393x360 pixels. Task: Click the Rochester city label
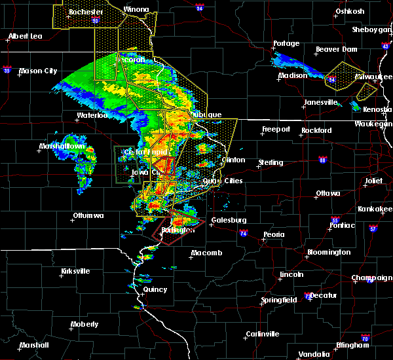point(87,12)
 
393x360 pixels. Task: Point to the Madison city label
point(292,75)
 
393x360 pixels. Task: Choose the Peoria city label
point(273,234)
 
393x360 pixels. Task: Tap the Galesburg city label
point(228,221)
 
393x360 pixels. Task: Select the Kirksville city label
point(71,271)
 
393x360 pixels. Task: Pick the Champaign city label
point(371,278)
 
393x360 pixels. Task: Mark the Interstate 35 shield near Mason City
point(7,67)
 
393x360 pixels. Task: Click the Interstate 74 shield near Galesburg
point(244,233)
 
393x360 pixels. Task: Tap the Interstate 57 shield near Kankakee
point(373,228)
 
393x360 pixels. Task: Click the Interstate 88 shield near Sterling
point(322,160)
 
